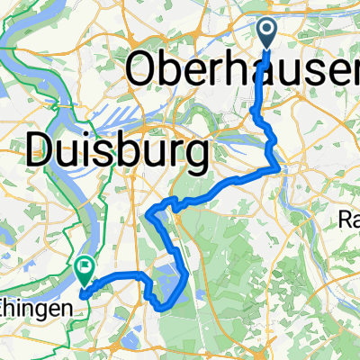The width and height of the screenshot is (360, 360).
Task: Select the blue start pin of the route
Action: (269, 34)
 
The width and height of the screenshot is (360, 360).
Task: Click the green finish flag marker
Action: (85, 267)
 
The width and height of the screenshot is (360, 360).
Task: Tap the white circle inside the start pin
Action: (269, 31)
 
